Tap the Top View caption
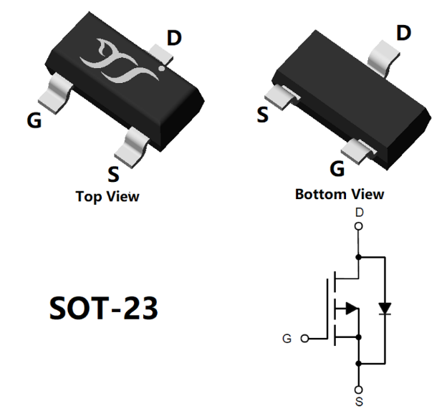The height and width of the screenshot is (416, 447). pyautogui.click(x=107, y=196)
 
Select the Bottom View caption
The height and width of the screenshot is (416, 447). pyautogui.click(x=339, y=194)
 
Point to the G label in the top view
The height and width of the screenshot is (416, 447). pyautogui.click(x=34, y=120)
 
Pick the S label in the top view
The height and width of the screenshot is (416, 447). pyautogui.click(x=113, y=174)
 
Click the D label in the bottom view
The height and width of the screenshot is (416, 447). pyautogui.click(x=404, y=33)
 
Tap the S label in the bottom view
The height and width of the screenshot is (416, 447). pyautogui.click(x=263, y=114)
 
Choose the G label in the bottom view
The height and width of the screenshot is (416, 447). pyautogui.click(x=337, y=169)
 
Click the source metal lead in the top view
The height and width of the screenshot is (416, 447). pyautogui.click(x=135, y=143)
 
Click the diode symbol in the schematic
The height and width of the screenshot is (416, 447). pyautogui.click(x=385, y=309)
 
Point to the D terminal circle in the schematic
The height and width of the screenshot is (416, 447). pyautogui.click(x=359, y=226)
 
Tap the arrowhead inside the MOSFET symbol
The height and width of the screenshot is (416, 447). pyautogui.click(x=351, y=309)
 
